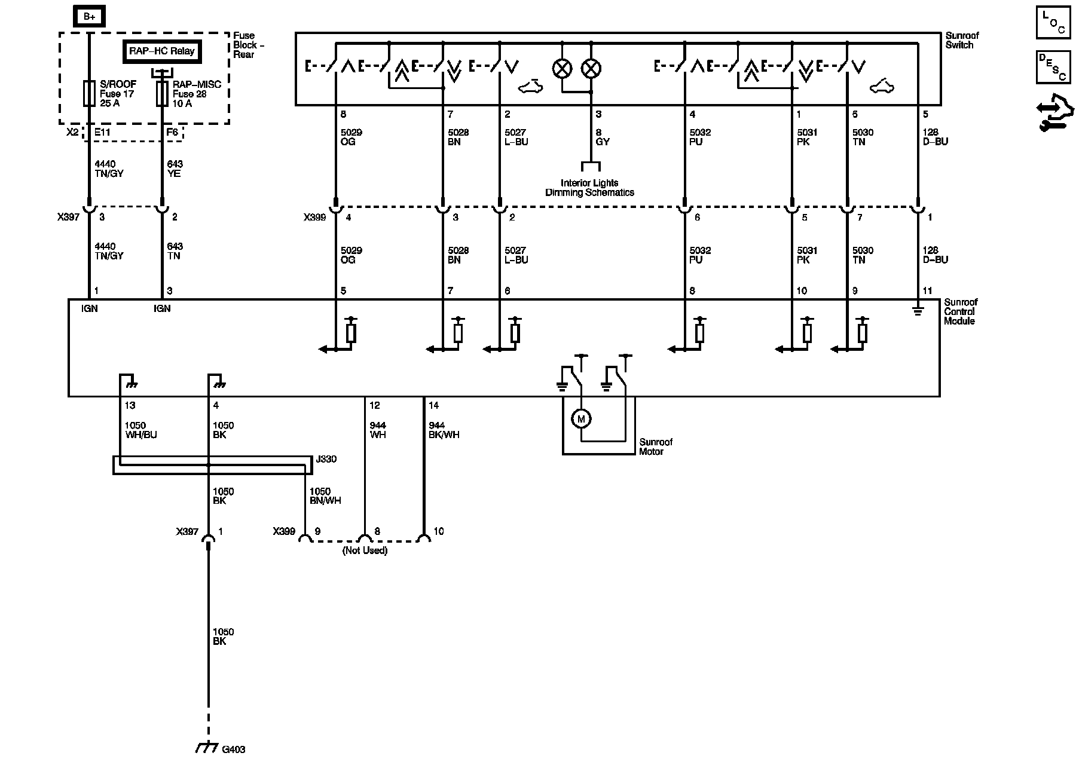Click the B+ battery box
pyautogui.click(x=89, y=16)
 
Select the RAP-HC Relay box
pyautogui.click(x=161, y=51)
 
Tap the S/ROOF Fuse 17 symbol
pyautogui.click(x=89, y=94)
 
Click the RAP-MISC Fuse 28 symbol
pyautogui.click(x=161, y=94)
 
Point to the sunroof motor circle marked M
pyautogui.click(x=580, y=419)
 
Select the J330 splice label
pyautogui.click(x=326, y=460)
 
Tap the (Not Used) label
pyautogui.click(x=365, y=550)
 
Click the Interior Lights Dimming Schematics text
pyautogui.click(x=589, y=188)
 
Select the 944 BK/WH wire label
pyautogui.click(x=444, y=430)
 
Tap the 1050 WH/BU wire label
pyautogui.click(x=140, y=430)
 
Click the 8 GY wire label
pyautogui.click(x=603, y=137)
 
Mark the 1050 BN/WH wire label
pyautogui.click(x=325, y=496)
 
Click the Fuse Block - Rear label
pyautogui.click(x=248, y=45)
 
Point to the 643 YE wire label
pyautogui.click(x=175, y=169)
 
